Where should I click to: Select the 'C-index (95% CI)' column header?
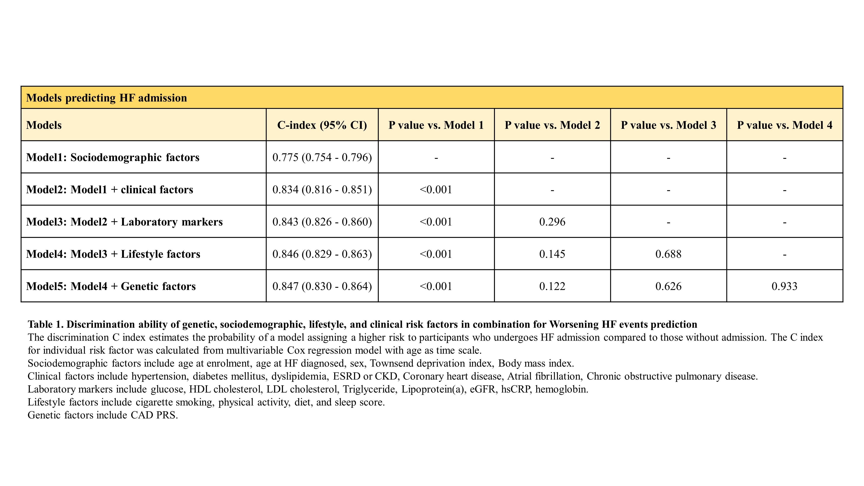322,125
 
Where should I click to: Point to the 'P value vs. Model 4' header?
785,125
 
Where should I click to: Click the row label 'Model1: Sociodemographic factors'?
113,157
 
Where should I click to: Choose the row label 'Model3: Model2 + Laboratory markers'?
124,222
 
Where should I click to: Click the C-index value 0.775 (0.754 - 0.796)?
322,157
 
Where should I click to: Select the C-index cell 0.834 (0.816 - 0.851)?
322,189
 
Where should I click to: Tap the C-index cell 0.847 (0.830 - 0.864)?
322,286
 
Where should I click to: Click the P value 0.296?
552,222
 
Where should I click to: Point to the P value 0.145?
552,254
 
